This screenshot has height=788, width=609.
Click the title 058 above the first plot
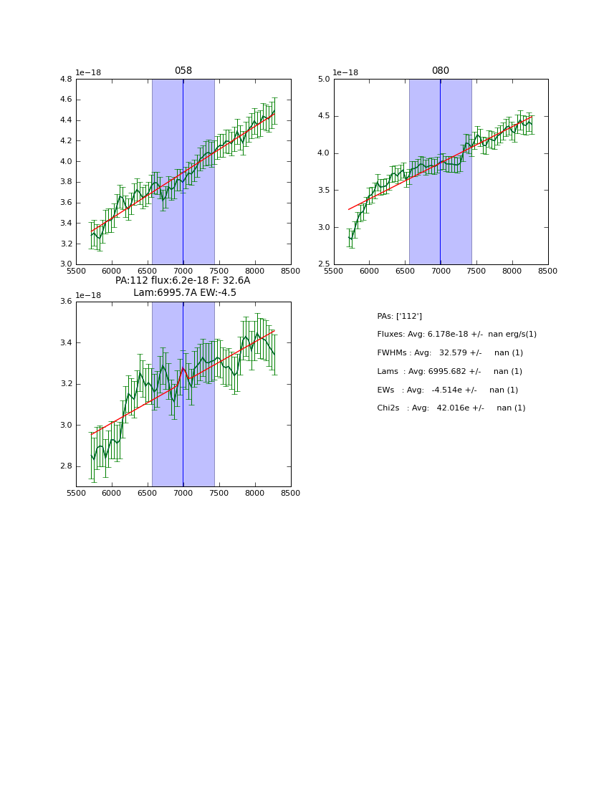pos(183,71)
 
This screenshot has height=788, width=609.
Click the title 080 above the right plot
pos(441,71)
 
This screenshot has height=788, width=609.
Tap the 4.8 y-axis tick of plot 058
pos(65,80)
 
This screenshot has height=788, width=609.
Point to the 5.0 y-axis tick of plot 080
pos(323,80)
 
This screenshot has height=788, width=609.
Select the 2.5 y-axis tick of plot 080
pos(323,264)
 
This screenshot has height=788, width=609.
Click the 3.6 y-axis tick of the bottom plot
pos(65,302)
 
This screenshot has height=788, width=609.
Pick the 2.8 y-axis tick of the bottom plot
pos(65,466)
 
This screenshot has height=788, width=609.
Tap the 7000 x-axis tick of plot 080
pos(441,271)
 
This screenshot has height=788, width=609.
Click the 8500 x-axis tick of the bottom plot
pos(290,493)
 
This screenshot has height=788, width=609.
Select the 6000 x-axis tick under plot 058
pos(112,271)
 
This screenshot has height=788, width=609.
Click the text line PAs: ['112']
pos(399,316)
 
